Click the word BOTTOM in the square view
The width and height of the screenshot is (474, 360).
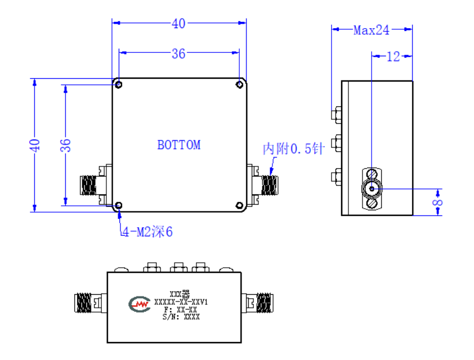[178, 145]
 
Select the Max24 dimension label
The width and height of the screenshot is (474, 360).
[371, 30]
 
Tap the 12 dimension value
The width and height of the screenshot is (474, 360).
[393, 57]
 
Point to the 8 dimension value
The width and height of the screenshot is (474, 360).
[437, 202]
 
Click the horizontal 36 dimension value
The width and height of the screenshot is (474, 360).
[178, 54]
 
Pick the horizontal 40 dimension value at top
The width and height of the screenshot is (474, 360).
[178, 24]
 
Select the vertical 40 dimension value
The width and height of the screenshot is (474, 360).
[34, 145]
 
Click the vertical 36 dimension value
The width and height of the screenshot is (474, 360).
[65, 145]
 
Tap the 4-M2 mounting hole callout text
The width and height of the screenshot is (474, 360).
[147, 232]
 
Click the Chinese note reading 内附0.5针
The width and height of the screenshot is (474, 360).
[293, 148]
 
